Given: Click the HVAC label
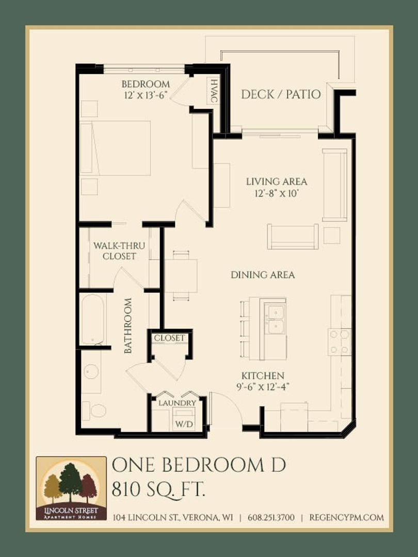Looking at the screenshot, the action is point(214,91).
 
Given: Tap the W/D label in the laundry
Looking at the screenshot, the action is point(184,424).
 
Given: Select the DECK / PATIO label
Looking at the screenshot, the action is point(281,94).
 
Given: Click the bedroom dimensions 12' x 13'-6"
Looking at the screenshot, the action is point(146,95).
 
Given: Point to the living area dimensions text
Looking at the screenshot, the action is point(277,194).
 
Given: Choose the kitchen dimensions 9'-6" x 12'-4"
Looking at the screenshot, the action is point(263,387).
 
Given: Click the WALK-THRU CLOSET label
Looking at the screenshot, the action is point(119,251).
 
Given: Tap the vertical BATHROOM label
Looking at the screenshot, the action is point(128,325).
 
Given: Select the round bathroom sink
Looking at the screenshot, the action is point(91,372).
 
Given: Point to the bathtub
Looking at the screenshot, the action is point(93,319).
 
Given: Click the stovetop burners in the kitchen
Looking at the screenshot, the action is point(339,342).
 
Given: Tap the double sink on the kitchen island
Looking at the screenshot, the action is point(276,319).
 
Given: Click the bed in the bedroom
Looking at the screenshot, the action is point(116,148).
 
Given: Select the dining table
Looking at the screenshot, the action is point(181,275).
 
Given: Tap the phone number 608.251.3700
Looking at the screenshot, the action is point(271,517).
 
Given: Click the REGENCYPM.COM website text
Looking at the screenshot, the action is point(347,517).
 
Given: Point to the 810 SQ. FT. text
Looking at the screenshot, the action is point(158,490).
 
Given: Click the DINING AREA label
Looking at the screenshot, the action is point(263,274).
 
